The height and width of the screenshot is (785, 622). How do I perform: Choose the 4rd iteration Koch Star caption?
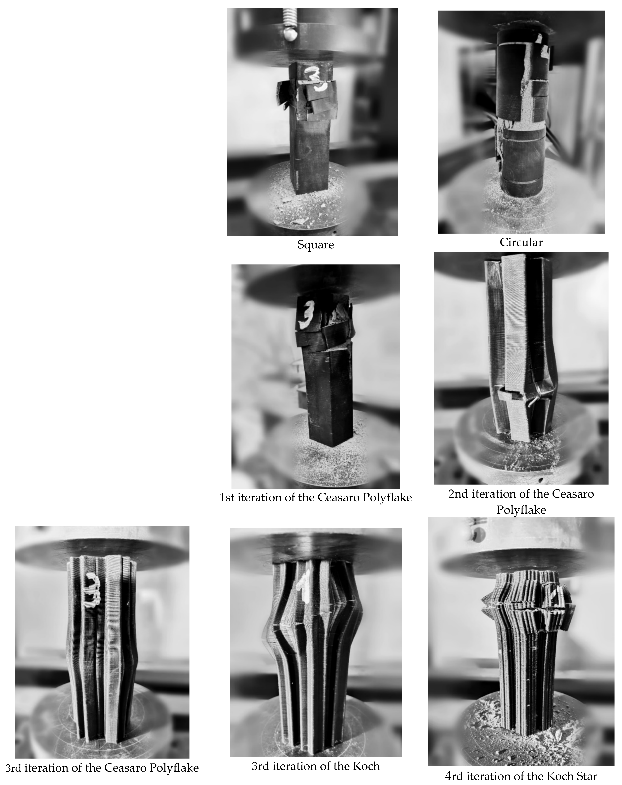521,776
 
